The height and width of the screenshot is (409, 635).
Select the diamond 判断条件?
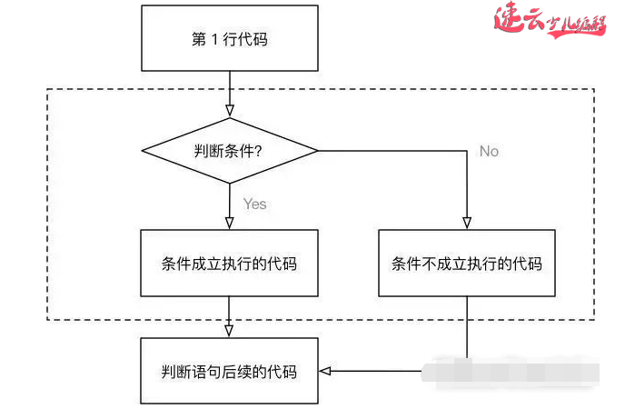tap(229, 150)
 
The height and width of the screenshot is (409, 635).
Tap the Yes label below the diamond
tap(255, 204)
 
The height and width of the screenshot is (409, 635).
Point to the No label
tap(489, 151)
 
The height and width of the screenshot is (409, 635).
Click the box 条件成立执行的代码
tap(229, 264)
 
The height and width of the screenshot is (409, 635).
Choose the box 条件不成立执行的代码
tap(467, 264)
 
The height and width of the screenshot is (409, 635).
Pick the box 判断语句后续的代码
tap(229, 371)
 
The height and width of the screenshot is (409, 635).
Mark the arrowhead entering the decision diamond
tap(229, 112)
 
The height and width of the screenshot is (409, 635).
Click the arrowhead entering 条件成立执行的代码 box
tap(229, 224)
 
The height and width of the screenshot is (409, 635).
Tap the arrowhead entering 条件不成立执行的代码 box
tap(467, 224)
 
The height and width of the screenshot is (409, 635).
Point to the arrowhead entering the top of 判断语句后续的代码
tap(229, 331)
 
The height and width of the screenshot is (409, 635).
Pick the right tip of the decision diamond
tap(318, 150)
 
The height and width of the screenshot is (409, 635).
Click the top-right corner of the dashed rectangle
tap(594, 89)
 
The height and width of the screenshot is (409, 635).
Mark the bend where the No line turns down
tap(467, 150)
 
